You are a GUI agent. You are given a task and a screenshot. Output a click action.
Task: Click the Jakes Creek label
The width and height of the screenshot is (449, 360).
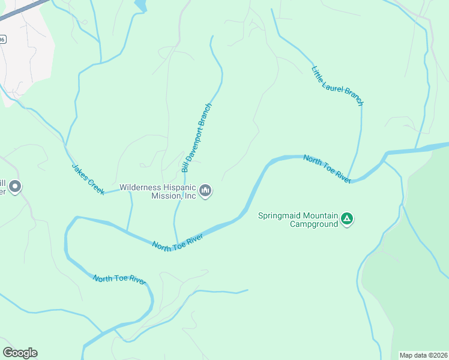(x=88, y=179)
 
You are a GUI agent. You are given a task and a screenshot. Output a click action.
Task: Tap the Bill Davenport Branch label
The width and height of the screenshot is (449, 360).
(x=197, y=137)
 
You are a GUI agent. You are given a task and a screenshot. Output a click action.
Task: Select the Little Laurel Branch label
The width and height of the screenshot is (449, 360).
(x=337, y=86)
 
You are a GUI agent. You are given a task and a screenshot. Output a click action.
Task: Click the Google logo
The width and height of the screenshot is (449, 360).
(x=20, y=353)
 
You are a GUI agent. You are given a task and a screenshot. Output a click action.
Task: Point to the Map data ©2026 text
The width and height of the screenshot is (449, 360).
(x=423, y=355)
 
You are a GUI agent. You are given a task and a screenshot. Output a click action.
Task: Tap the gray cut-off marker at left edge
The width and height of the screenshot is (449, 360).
(x=15, y=187)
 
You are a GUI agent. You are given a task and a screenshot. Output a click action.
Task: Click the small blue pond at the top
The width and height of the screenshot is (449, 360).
(x=140, y=5)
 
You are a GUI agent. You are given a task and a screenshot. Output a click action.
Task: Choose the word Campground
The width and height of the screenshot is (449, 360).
(x=313, y=224)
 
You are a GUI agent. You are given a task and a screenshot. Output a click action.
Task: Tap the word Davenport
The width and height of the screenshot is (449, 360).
(x=196, y=144)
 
